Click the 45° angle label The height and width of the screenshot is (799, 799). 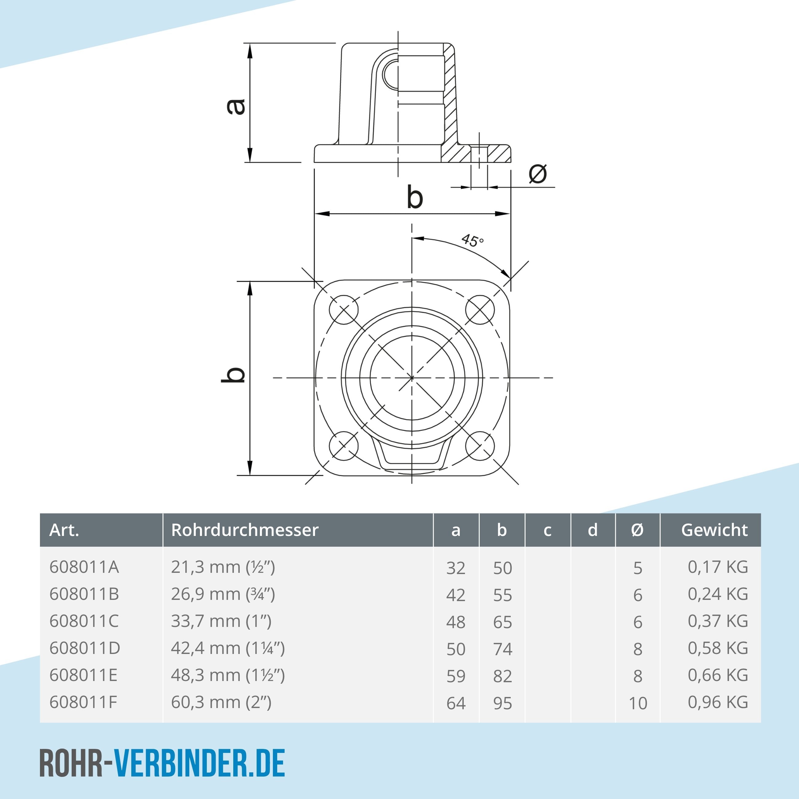click(x=472, y=240)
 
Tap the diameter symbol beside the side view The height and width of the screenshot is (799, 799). click(x=537, y=174)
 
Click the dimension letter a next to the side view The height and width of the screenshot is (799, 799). click(x=237, y=107)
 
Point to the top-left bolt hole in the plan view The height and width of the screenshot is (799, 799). click(x=343, y=309)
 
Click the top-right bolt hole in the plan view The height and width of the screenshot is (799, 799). click(x=480, y=309)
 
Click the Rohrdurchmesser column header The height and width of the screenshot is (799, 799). click(x=245, y=530)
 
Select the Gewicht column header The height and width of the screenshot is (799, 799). click(x=714, y=530)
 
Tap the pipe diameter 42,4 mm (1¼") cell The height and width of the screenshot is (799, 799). click(x=228, y=648)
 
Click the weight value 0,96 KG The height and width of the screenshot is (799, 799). click(x=718, y=702)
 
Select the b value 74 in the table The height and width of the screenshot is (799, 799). click(x=502, y=649)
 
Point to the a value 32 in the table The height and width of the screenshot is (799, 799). click(x=456, y=568)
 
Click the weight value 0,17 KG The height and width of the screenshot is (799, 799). click(x=718, y=567)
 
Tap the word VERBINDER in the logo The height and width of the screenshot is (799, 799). click(x=180, y=763)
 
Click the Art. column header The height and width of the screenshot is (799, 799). click(x=64, y=530)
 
